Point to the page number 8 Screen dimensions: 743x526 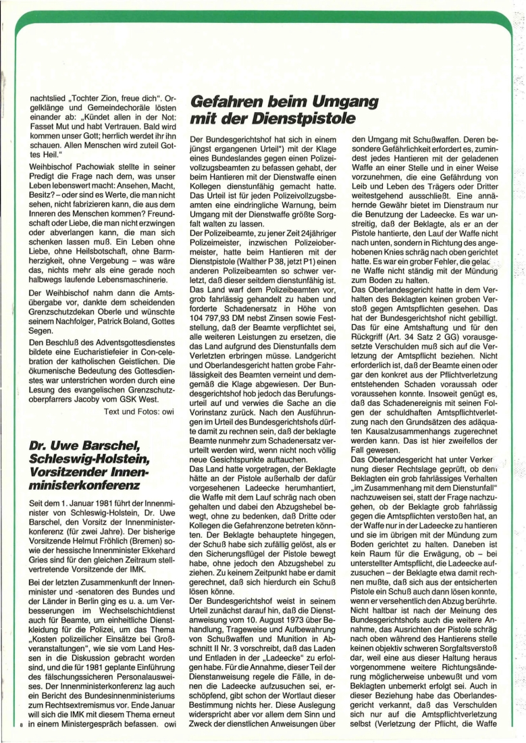coord(22,725)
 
